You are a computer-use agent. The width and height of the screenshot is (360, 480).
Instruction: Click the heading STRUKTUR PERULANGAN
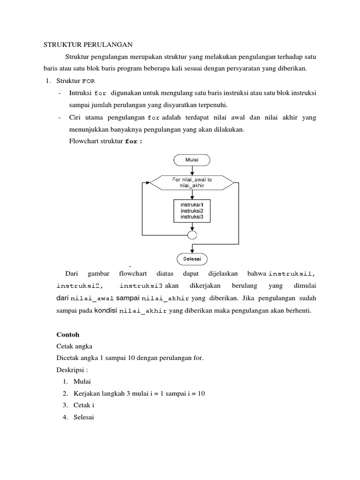(x=89, y=45)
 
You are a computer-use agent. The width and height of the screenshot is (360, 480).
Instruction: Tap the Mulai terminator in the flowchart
(x=192, y=160)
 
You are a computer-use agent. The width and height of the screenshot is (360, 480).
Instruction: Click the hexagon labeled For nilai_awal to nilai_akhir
(x=192, y=182)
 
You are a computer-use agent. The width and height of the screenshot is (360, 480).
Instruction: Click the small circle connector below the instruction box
(x=192, y=234)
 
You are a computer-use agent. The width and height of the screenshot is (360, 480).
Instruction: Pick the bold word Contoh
(x=68, y=335)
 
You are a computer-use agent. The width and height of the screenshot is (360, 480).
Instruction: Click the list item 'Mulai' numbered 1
(x=82, y=382)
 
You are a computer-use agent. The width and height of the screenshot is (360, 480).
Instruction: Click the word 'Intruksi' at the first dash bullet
(x=80, y=93)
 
